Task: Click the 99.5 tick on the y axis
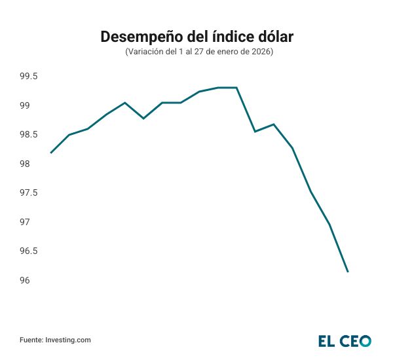(x=28, y=77)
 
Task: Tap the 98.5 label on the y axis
(x=28, y=135)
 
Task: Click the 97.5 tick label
(x=28, y=193)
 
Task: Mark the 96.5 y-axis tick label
(x=28, y=251)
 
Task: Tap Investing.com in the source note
(x=68, y=340)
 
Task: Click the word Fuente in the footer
(x=31, y=340)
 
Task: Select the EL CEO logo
(x=345, y=340)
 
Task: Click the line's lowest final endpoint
(x=348, y=272)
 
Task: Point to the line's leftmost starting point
(x=50, y=153)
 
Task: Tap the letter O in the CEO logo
(x=364, y=340)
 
